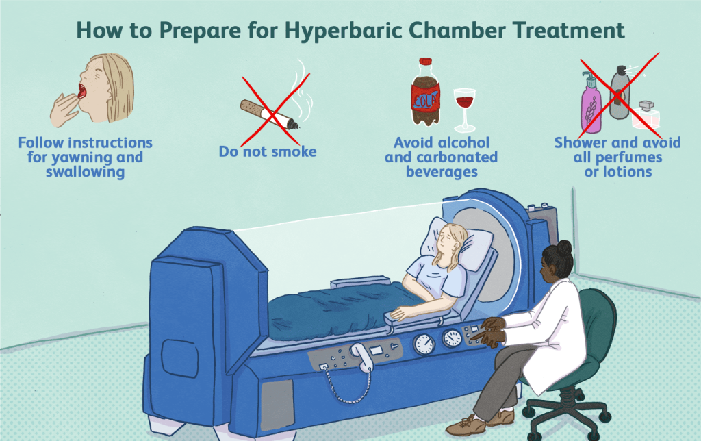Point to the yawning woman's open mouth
tap(83, 91)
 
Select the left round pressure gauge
tap(424, 344)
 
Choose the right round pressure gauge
tap(452, 338)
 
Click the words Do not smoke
tap(268, 151)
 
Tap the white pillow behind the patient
tap(456, 244)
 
